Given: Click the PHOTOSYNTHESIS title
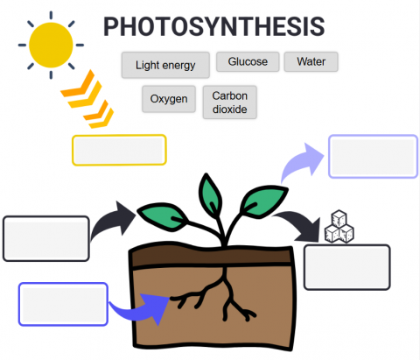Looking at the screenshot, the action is pos(213,26).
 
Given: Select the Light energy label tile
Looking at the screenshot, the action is pos(165,65).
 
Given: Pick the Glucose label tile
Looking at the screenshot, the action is pos(248,61).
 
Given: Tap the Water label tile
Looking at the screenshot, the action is pos(311,61).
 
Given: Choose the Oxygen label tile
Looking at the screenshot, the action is pos(169,99).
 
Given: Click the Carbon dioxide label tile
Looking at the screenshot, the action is pos(230,102).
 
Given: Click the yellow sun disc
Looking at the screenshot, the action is pos(51,45).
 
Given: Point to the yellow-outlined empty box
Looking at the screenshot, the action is pos(119,150).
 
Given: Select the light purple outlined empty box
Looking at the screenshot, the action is pos(373,156).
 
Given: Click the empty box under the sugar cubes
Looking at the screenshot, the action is pos(347,267).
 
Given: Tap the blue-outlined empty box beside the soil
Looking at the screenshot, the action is pos(63,304).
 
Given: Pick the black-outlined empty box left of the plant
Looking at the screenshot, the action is pos(46,238).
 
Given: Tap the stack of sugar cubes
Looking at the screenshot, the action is pos(339,227).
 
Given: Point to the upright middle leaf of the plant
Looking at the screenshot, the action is pos(210,195).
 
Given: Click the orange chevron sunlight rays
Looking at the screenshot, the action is pos(87,99).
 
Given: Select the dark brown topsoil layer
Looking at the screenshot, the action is pos(212,255).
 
